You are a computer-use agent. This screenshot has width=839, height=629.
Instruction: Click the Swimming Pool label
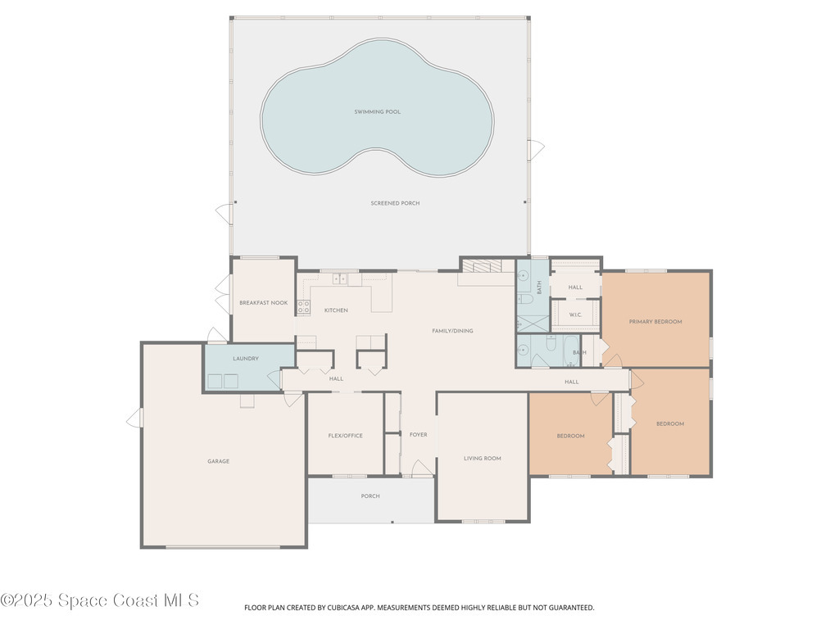(x=377, y=111)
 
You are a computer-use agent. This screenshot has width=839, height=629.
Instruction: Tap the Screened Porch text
(x=395, y=203)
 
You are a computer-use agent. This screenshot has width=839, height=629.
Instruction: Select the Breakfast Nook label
(x=264, y=303)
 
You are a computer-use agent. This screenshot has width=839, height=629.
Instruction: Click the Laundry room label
(x=246, y=359)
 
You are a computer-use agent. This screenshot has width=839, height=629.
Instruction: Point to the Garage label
(x=218, y=462)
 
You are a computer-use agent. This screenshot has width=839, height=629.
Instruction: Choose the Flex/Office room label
(x=345, y=436)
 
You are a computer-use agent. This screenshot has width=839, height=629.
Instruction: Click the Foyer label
(x=418, y=435)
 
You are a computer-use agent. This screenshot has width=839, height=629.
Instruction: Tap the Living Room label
(x=482, y=459)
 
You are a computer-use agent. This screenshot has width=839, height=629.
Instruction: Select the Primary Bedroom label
(x=655, y=322)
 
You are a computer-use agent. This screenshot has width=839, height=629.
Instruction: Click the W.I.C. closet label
(x=575, y=314)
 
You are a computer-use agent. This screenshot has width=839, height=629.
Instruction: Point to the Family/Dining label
(x=452, y=331)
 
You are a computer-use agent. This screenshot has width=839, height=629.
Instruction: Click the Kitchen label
(x=336, y=310)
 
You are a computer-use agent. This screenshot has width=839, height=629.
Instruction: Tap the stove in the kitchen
(x=303, y=307)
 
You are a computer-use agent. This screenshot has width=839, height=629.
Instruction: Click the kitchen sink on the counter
(x=341, y=279)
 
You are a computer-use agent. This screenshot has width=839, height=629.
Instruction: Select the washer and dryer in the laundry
(x=223, y=381)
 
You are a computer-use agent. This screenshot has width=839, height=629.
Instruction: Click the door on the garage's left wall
(x=134, y=419)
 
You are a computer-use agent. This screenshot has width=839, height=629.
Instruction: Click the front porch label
(x=370, y=496)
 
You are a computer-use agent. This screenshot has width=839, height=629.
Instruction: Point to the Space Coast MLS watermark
(x=100, y=601)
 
